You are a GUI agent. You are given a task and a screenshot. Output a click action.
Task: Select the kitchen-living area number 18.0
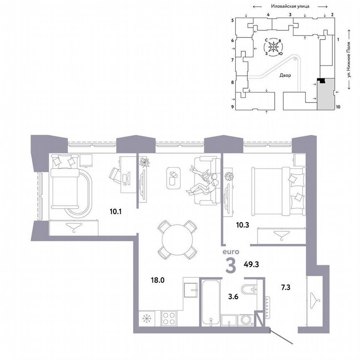(158, 280)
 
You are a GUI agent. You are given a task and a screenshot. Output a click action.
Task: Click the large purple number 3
(232, 266)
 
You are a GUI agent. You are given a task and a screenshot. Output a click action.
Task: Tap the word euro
(230, 252)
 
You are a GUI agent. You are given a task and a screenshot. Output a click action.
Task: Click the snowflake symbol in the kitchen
(147, 319)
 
